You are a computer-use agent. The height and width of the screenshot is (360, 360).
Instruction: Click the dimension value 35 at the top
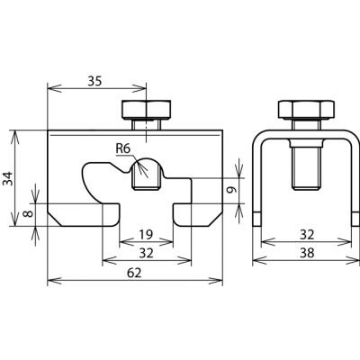94,81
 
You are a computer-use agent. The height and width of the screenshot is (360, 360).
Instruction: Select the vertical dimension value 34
8,178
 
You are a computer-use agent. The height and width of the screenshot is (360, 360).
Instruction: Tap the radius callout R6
123,148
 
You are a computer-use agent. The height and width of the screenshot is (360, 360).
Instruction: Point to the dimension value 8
28,214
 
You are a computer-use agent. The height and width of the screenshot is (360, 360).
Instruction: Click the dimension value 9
231,190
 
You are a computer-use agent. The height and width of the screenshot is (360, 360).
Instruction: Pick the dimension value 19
146,234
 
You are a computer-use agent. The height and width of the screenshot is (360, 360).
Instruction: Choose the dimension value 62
134,273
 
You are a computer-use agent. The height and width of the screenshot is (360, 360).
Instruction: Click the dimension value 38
307,253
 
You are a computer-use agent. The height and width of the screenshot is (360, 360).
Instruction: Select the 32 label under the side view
307,234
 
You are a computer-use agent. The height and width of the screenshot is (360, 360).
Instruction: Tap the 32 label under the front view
146,254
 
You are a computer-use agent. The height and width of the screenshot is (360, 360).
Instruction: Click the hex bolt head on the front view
147,110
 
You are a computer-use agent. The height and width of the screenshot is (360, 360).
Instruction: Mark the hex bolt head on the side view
306,109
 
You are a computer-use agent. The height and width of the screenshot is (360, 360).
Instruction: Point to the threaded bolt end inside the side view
306,168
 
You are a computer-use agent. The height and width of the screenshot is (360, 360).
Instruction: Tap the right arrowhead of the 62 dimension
216,281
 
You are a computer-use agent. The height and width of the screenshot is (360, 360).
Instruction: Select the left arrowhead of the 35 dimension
55,88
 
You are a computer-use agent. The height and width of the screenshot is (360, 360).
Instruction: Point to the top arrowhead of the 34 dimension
14,138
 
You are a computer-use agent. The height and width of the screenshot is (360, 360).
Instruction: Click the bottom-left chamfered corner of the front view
55,219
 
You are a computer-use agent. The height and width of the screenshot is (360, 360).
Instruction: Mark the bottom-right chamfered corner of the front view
215,219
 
